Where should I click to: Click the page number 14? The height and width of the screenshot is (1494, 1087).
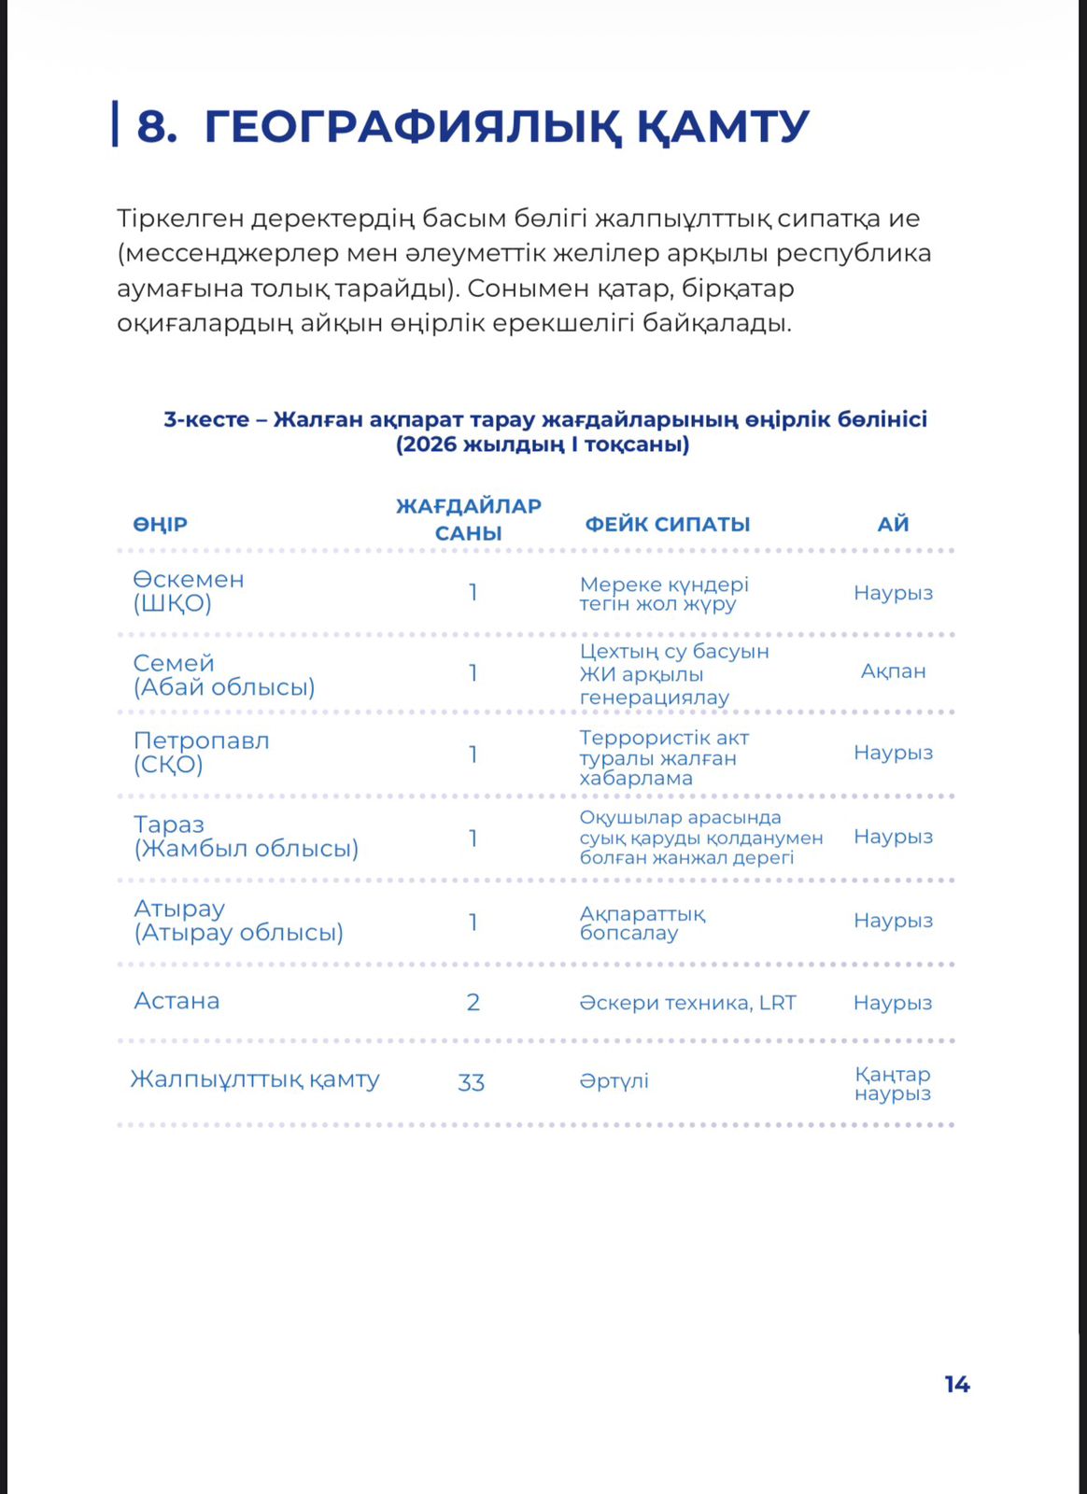[956, 1385]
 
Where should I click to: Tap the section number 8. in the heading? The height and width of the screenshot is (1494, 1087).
[156, 126]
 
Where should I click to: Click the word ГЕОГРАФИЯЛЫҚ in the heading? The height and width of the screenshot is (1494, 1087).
[412, 127]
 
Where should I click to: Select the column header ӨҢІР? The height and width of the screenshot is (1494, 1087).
[160, 525]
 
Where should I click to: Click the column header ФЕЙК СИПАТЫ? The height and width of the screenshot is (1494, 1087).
[667, 525]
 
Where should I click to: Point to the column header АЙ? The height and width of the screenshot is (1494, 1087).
[893, 525]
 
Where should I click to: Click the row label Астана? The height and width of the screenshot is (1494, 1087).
[176, 1001]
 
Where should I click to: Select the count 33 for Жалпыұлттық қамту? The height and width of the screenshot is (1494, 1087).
[471, 1082]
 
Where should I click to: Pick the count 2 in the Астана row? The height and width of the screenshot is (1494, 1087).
[473, 1003]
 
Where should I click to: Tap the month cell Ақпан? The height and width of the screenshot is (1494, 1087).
[893, 671]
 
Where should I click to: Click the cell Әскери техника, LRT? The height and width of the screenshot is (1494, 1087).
[687, 1003]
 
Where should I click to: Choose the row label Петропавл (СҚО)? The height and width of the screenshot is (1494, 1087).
[201, 753]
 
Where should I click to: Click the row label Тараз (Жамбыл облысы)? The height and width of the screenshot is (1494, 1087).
[245, 837]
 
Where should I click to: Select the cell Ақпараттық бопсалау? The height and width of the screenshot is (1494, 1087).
[642, 923]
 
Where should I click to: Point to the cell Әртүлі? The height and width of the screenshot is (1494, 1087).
[614, 1081]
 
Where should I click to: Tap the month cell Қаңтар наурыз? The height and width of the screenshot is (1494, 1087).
[893, 1084]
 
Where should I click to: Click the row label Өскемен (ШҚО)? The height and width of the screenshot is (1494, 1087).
[188, 591]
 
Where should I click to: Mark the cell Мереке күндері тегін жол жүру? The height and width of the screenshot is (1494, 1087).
[663, 594]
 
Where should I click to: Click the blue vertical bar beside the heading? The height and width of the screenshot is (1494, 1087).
[115, 124]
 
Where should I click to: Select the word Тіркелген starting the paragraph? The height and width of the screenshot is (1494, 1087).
[179, 218]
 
